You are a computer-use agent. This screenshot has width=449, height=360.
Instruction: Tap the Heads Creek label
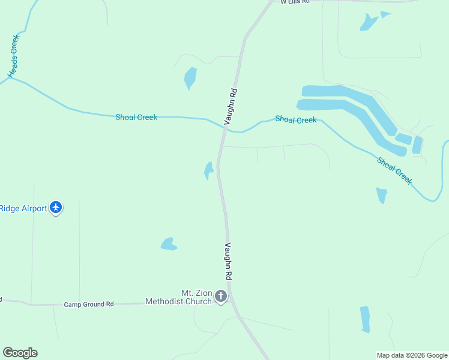point(14,56)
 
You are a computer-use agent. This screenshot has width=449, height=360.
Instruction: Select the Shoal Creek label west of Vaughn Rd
point(136,117)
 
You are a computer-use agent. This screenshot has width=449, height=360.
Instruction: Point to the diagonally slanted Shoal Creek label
point(395,171)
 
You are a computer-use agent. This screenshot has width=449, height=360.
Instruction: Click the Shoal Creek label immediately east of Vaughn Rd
point(295,119)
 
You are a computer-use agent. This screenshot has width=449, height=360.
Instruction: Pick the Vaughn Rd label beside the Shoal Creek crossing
point(231,107)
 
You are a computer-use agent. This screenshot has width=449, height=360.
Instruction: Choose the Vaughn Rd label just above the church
point(228,261)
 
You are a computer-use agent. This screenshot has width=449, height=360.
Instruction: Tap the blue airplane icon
point(56,207)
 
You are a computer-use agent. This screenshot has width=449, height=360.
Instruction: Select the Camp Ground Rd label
point(89,304)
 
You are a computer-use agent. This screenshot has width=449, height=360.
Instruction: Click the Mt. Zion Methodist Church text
point(178,297)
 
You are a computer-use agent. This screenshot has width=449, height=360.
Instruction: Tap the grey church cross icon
point(221,296)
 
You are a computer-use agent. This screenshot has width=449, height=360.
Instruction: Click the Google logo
point(20,353)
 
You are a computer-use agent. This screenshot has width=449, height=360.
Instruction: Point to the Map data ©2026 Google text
point(412,355)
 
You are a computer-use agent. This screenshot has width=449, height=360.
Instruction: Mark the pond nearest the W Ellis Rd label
point(369,22)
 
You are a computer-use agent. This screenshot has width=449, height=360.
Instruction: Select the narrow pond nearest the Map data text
point(365,319)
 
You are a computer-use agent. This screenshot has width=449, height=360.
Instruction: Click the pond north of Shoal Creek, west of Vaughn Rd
point(190,78)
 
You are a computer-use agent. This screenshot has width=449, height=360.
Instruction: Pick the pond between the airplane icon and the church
point(168,244)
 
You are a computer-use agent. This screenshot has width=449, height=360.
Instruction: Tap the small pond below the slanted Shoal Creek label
point(381,195)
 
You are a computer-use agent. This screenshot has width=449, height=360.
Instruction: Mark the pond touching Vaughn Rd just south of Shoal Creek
point(208,170)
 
